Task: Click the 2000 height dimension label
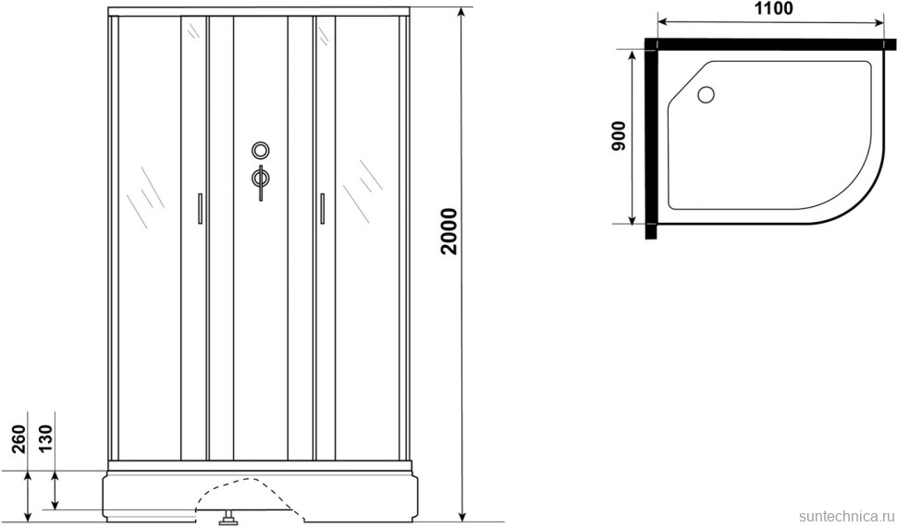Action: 449,230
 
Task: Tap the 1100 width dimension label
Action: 773,9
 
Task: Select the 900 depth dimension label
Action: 619,136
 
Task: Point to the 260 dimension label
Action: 20,438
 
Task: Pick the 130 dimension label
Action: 45,438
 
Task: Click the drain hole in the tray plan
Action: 706,94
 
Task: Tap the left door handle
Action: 200,208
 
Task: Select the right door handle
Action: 322,208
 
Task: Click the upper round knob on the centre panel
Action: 260,151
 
